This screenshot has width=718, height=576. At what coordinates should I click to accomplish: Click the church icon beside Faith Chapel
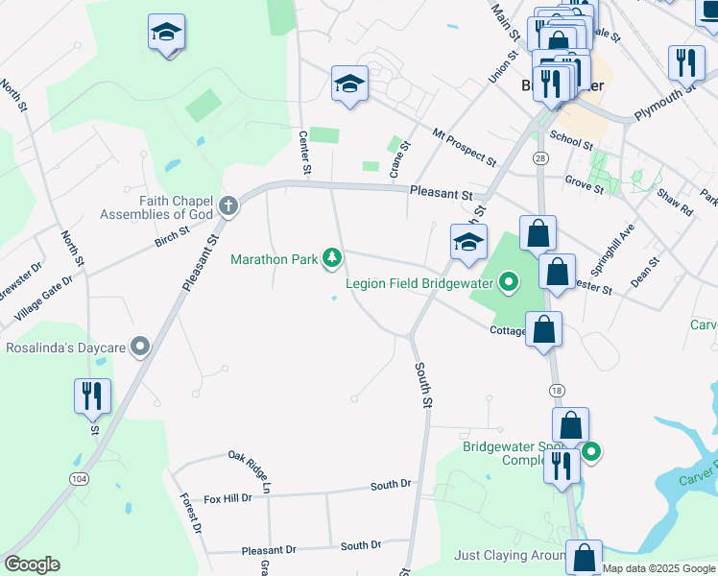pos(228,205)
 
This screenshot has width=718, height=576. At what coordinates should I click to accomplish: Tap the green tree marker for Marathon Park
pos(332,257)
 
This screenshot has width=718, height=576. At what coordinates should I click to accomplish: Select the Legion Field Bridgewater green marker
pos(509,282)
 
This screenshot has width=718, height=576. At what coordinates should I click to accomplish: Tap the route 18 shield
pos(556,390)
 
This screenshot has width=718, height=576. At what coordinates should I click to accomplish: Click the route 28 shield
pos(540,156)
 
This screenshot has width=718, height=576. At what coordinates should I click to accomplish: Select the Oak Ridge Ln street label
pos(251,469)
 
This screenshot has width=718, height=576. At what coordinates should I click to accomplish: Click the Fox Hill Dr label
pos(227,497)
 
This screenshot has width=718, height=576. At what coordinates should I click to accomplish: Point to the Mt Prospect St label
pos(464,146)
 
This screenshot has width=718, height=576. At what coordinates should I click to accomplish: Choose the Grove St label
pos(584,183)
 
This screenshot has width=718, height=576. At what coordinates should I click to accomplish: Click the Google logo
pos(31,564)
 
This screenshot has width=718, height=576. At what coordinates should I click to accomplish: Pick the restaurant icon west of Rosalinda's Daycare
pos(93,396)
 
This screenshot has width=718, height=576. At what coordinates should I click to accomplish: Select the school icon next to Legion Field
pos(469,243)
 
